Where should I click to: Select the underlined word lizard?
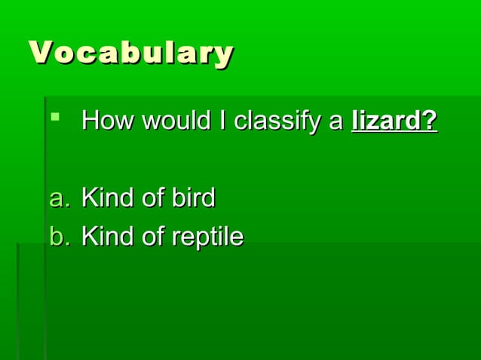click(x=385, y=121)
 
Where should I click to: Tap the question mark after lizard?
click(x=430, y=121)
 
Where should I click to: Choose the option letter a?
click(x=58, y=199)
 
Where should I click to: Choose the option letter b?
click(x=58, y=237)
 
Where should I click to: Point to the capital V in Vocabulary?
click(x=41, y=53)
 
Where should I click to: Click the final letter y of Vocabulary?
click(x=223, y=55)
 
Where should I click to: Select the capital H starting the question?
click(x=89, y=121)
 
